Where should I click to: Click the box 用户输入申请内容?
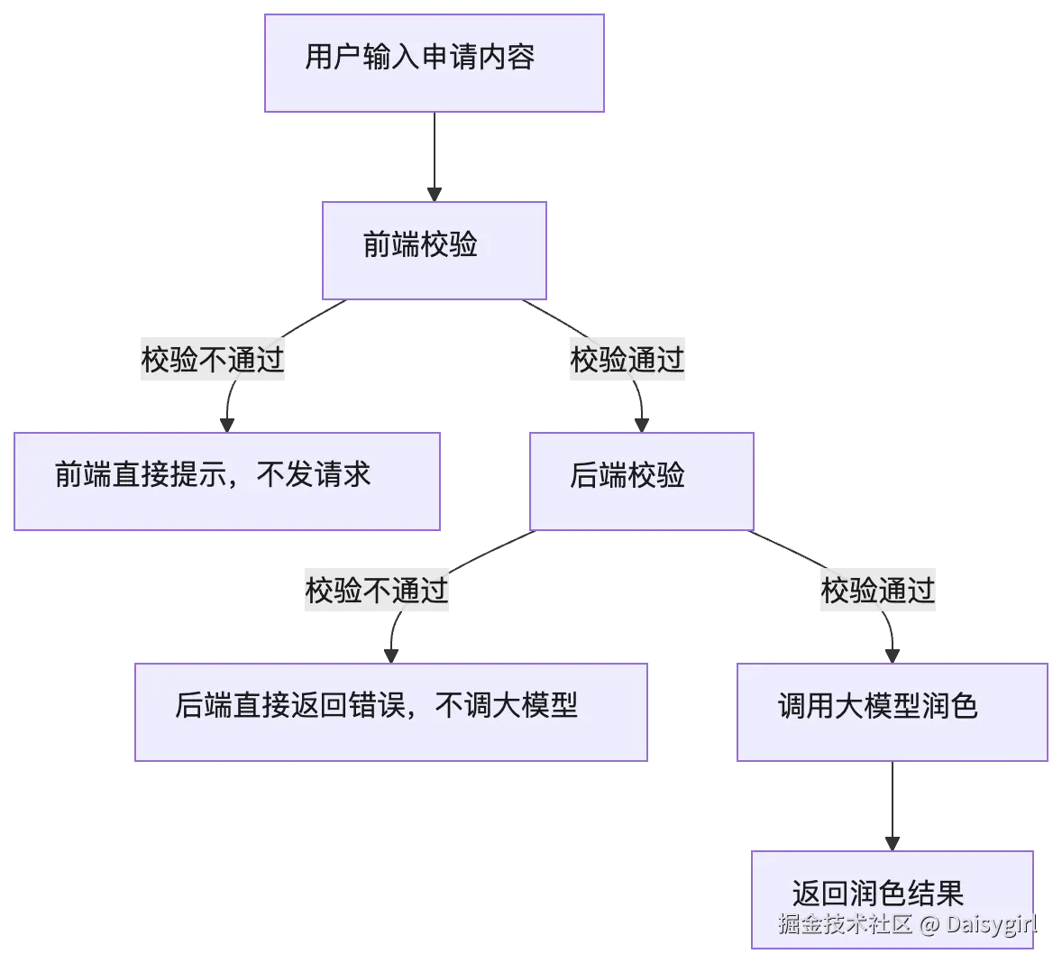[435, 63]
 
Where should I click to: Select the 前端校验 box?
[435, 251]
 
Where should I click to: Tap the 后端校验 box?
[641, 481]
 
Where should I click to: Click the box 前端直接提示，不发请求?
[227, 481]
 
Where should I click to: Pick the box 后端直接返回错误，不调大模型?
[390, 712]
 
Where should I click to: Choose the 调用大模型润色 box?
[892, 712]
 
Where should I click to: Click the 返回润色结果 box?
[892, 899]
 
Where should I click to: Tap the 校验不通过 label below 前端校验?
[213, 359]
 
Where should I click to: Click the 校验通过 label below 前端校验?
[627, 359]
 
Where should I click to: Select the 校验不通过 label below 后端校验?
[377, 590]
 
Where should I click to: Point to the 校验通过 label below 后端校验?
[878, 590]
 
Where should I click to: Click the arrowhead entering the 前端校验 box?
[435, 195]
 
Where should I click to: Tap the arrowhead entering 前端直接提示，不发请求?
[227, 426]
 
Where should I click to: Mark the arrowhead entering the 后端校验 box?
[641, 426]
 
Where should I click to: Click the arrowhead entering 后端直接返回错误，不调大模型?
[390, 656]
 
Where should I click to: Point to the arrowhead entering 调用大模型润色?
[892, 656]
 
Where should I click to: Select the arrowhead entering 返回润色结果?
[892, 844]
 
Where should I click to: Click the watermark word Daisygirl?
[992, 924]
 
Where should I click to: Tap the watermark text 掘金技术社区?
[845, 923]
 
